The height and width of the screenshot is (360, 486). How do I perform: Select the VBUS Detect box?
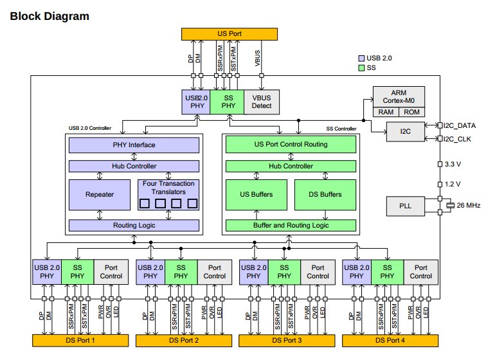point(261,102)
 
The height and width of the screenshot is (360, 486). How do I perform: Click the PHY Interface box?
point(134,145)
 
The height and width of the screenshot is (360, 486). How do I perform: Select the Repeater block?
point(99,194)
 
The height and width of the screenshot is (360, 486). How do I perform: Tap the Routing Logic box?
point(134,226)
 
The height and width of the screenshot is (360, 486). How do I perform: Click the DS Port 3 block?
point(285,340)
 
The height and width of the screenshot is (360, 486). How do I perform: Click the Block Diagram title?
point(50,15)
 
